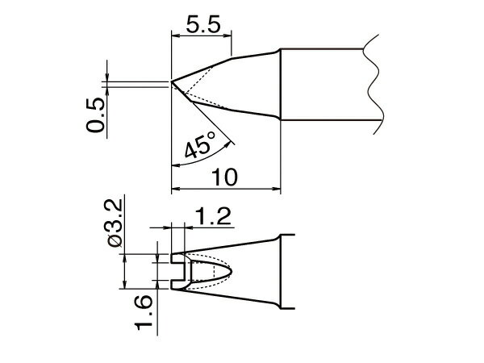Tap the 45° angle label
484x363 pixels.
pos(198,148)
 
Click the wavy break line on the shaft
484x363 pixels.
pos(372,81)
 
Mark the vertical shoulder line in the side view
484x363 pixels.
pos(280,86)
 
